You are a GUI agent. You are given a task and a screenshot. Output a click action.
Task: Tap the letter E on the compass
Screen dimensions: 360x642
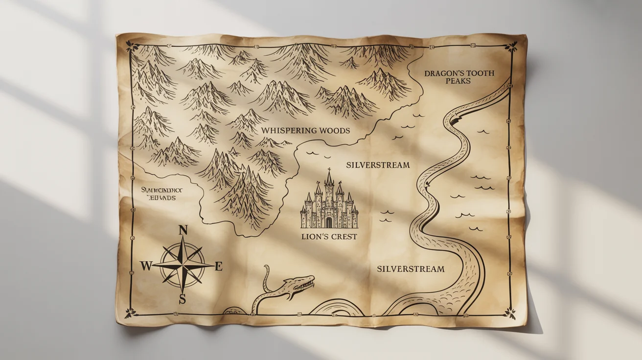pyautogui.click(x=219, y=266)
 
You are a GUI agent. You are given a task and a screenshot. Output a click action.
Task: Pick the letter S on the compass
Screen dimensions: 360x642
pyautogui.click(x=183, y=299)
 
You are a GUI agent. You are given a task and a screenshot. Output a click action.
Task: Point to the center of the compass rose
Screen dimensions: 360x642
pyautogui.click(x=183, y=265)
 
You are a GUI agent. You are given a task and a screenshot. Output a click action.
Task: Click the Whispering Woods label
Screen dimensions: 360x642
pyautogui.click(x=305, y=131)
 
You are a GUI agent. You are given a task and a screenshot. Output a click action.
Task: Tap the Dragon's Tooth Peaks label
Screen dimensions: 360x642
pyautogui.click(x=459, y=77)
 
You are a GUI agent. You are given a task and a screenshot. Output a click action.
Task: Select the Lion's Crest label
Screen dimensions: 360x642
pyautogui.click(x=329, y=237)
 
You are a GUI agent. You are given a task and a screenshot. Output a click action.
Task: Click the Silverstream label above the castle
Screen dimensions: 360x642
pyautogui.click(x=378, y=165)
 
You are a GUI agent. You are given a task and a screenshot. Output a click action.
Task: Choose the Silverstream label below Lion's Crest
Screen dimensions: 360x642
pyautogui.click(x=411, y=269)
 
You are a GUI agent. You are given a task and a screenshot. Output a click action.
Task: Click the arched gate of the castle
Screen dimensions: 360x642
pyautogui.click(x=329, y=223)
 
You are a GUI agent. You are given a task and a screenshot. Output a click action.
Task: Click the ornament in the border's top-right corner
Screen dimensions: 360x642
pyautogui.click(x=512, y=47)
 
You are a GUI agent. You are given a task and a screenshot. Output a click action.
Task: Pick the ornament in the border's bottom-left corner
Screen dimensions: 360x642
pyautogui.click(x=130, y=312)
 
